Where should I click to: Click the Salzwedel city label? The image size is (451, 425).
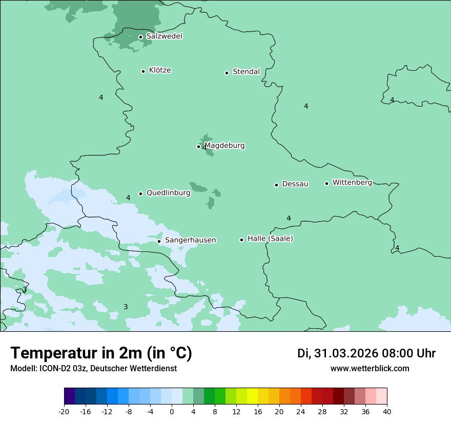tap(164, 36)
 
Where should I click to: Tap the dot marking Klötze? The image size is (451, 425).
tap(143, 71)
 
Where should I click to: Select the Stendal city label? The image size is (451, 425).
tap(246, 72)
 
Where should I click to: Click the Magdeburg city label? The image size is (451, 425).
tap(224, 145)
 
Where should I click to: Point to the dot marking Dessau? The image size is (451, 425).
tap(276, 185)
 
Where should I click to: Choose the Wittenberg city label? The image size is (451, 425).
tap(352, 182)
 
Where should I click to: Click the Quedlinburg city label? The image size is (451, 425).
tap(168, 193)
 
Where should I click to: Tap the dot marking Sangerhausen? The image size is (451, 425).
tap(159, 241)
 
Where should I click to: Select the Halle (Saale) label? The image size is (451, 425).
tap(270, 239)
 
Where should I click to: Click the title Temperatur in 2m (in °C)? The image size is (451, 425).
tap(101, 353)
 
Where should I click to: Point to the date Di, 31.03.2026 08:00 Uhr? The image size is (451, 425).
tap(366, 353)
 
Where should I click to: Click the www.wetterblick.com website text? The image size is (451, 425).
tap(370, 368)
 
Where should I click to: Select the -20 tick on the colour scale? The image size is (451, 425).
tap(64, 412)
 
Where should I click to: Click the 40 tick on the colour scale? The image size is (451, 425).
tap(387, 412)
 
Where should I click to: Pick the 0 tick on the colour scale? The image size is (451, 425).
tap(172, 412)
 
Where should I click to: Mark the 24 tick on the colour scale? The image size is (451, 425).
tap(301, 412)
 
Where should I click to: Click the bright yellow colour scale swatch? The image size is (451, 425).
tap(252, 396)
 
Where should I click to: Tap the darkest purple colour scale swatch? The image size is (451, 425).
tap(70, 396)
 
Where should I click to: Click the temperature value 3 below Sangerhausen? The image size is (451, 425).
tap(126, 307)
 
